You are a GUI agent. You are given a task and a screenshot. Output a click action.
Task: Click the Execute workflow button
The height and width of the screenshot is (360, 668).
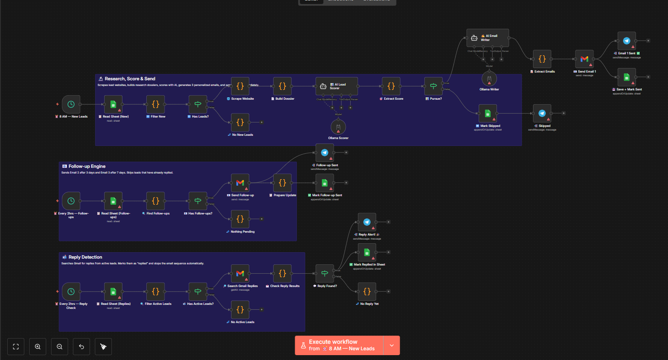(339, 345)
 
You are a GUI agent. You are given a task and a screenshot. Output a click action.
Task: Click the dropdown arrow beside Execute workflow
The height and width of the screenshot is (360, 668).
(392, 345)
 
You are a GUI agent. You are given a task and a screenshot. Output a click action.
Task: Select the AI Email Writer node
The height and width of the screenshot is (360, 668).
(488, 38)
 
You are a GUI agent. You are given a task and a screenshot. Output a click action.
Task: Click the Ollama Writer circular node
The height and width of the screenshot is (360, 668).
(489, 79)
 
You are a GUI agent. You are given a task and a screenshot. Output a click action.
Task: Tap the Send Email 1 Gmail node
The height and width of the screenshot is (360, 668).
(584, 59)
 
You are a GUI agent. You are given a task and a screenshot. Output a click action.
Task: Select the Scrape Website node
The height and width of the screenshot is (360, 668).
(240, 86)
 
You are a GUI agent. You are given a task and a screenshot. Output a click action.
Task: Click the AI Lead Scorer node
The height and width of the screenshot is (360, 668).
(336, 86)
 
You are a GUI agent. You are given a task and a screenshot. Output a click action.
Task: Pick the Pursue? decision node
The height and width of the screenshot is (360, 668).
(433, 86)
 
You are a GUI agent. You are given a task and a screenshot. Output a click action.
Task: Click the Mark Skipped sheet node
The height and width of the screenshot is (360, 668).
(488, 114)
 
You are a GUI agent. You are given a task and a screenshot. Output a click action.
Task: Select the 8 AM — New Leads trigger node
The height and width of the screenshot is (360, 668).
(71, 104)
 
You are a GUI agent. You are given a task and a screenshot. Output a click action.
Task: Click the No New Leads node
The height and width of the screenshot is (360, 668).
(240, 122)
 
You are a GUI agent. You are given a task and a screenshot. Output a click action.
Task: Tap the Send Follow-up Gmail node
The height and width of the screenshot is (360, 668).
(240, 183)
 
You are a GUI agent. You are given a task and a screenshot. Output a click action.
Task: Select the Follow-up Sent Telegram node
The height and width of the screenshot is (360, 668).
(325, 152)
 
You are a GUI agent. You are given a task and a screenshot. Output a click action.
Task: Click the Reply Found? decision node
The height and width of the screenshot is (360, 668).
(325, 273)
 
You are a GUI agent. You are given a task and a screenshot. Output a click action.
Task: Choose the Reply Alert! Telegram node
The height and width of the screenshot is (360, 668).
(367, 222)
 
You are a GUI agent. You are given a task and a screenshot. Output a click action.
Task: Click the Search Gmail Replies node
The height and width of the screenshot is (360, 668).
(240, 273)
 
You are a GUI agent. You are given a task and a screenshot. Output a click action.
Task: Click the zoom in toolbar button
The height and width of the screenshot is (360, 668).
(38, 347)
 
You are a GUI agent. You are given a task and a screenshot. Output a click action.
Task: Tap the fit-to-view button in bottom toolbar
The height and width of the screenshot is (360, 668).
(16, 347)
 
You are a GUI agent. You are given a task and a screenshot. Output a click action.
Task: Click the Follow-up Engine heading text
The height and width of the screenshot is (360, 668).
(87, 166)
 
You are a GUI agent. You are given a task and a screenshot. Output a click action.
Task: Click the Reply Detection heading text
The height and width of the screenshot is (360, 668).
(85, 257)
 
